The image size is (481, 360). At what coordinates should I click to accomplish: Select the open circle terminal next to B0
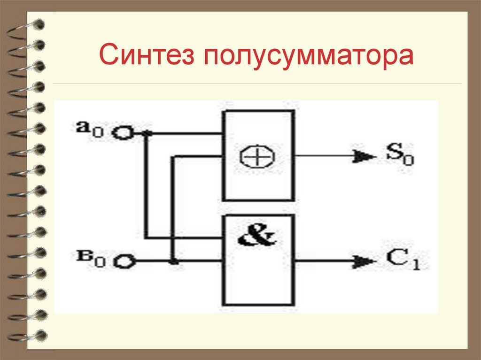pyautogui.click(x=123, y=261)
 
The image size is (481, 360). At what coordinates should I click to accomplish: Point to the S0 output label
pyautogui.click(x=398, y=154)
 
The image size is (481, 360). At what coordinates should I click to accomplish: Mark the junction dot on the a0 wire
pyautogui.click(x=147, y=134)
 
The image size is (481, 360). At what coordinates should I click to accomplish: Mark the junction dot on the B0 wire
pyautogui.click(x=174, y=261)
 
